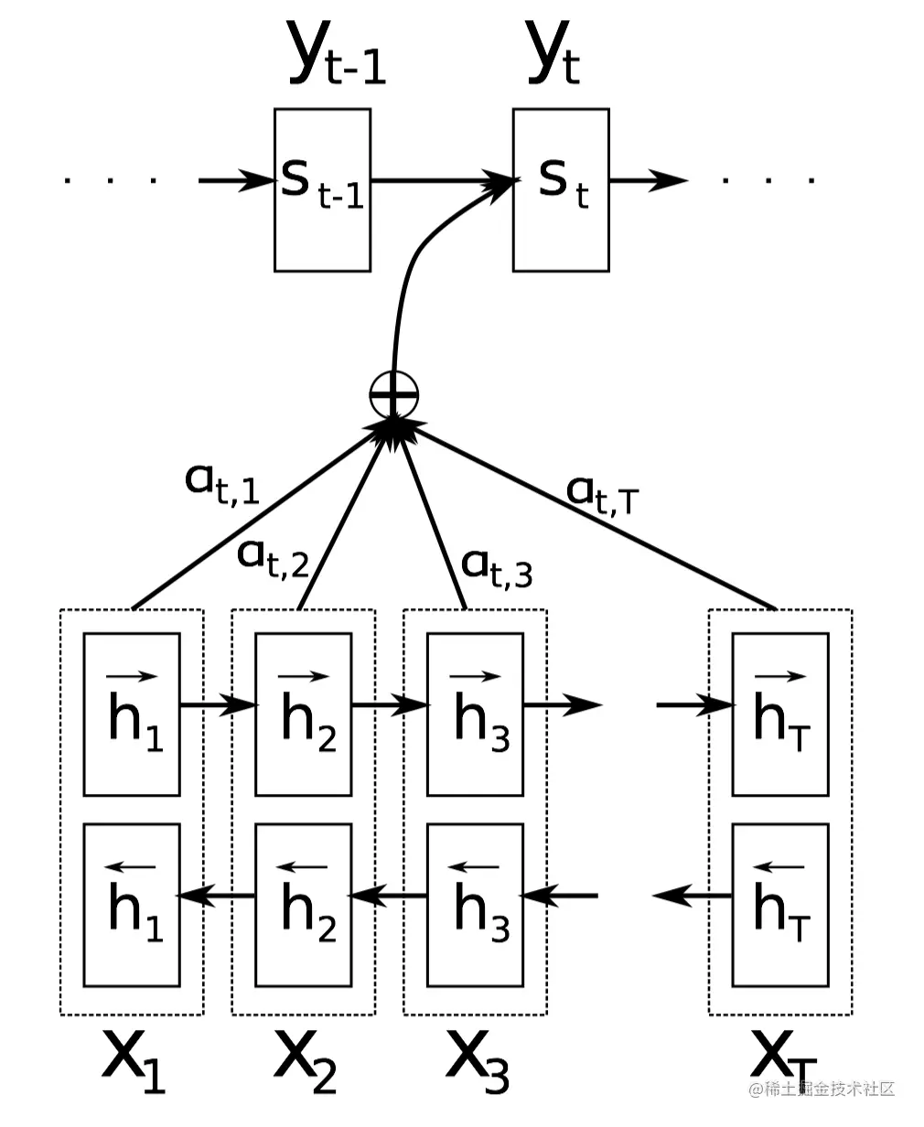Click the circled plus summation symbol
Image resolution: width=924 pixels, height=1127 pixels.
(x=394, y=395)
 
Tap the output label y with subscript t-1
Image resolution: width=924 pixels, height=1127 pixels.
(x=337, y=52)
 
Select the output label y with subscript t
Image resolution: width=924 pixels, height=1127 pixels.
(x=553, y=52)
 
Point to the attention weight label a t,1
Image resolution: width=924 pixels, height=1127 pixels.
(x=221, y=484)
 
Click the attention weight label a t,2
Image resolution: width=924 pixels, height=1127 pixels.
(x=274, y=558)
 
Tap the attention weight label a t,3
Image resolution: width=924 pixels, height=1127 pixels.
(x=497, y=568)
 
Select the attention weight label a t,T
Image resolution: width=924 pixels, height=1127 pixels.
(x=602, y=496)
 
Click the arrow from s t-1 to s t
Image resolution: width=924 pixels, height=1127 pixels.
(x=443, y=180)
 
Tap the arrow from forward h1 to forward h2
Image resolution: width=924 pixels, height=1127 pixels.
(x=219, y=705)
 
